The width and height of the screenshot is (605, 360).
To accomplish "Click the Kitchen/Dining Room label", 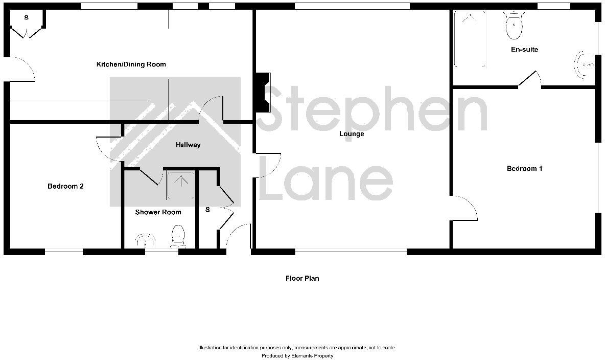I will pyautogui.click(x=131, y=64).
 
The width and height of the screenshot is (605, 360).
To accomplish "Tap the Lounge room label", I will pyautogui.click(x=352, y=134).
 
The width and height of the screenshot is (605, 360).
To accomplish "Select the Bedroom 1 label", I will pyautogui.click(x=524, y=168).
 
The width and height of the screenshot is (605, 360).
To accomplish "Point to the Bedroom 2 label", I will pyautogui.click(x=65, y=186).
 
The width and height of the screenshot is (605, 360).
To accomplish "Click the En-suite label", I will pyautogui.click(x=524, y=50).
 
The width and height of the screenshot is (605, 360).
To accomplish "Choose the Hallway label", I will pyautogui.click(x=188, y=145).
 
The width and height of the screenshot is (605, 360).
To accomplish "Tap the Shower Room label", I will pyautogui.click(x=158, y=212).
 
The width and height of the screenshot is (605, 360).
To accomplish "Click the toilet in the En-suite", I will pyautogui.click(x=513, y=26).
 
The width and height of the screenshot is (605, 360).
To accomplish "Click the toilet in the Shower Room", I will pyautogui.click(x=178, y=236).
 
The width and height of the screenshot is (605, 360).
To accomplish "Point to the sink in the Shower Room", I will pyautogui.click(x=146, y=240).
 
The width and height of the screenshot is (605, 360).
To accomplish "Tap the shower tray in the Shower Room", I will pyautogui.click(x=180, y=185).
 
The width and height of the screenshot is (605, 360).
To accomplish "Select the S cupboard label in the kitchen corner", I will pyautogui.click(x=26, y=17).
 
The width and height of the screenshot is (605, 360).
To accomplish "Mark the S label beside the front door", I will pyautogui.click(x=207, y=210).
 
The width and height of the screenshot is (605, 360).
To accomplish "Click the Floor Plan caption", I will pyautogui.click(x=302, y=278).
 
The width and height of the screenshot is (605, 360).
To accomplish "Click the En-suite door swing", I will pyautogui.click(x=530, y=79).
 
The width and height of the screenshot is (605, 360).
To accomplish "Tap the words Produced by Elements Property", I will pyautogui.click(x=297, y=355).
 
